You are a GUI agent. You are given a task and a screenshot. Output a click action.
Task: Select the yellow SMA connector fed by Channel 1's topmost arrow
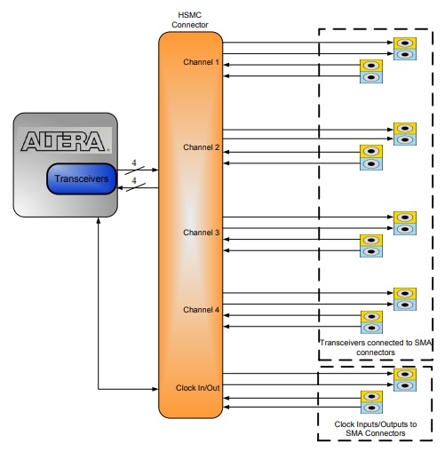pyautogui.click(x=405, y=43)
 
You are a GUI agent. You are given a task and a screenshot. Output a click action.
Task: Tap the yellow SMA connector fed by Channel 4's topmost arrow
pyautogui.click(x=405, y=293)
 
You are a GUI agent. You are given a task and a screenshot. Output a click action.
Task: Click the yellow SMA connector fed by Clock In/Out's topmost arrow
pyautogui.click(x=405, y=374)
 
